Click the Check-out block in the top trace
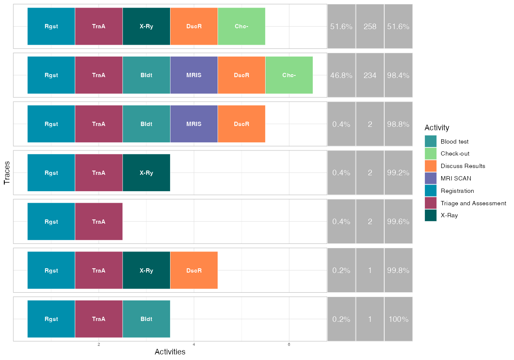tap(241, 26)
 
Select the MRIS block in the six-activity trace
tap(194, 75)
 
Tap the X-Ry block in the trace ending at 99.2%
tap(146, 173)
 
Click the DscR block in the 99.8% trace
tap(194, 270)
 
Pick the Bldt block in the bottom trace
tap(146, 319)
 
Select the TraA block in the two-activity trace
tap(99, 222)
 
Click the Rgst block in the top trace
tap(51, 26)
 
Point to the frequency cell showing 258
tap(370, 27)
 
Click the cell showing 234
tap(370, 75)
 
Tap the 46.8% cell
tap(341, 75)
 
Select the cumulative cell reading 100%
tap(398, 319)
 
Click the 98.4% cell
tap(398, 75)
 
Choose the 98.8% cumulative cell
tap(398, 124)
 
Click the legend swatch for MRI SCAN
tap(430, 178)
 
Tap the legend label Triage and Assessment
tap(473, 203)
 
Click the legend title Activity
tap(436, 128)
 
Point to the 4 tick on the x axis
tap(194, 345)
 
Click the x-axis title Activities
tap(170, 352)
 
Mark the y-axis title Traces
tap(7, 173)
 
